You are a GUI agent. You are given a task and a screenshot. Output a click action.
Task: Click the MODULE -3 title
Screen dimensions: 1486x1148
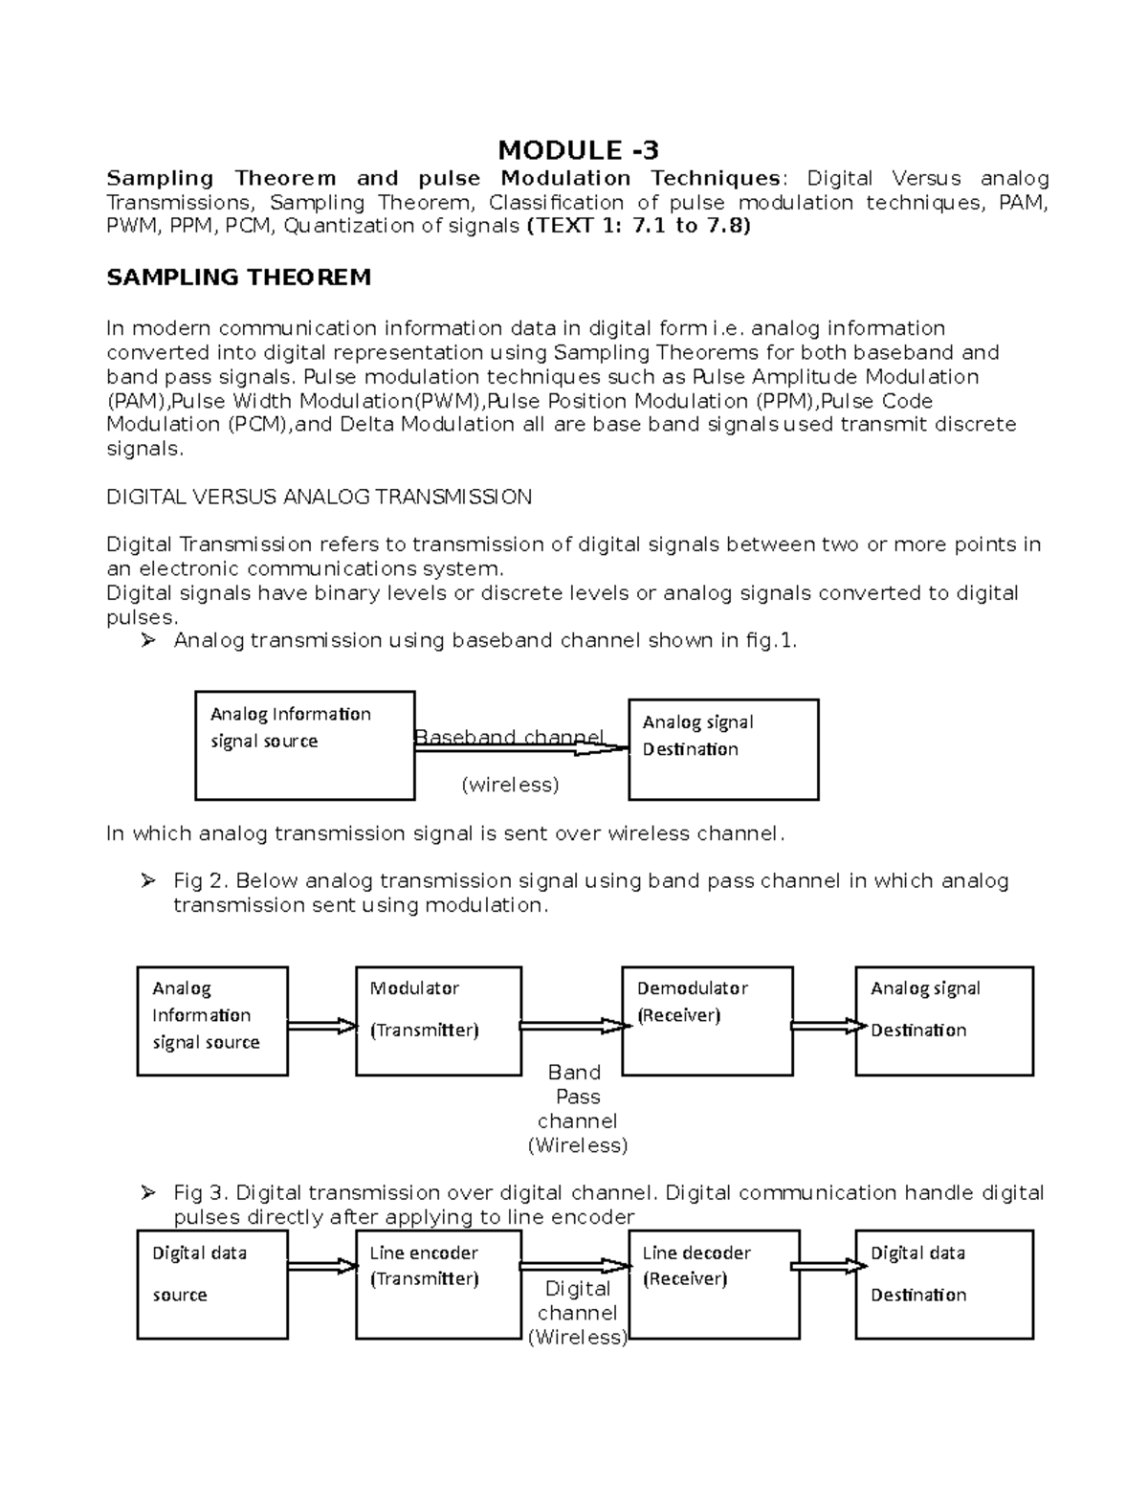pyautogui.click(x=578, y=150)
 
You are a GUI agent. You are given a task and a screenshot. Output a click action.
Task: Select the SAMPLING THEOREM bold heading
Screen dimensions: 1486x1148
pyautogui.click(x=238, y=277)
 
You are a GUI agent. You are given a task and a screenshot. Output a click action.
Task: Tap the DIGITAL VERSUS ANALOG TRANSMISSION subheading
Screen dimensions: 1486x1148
pyautogui.click(x=319, y=497)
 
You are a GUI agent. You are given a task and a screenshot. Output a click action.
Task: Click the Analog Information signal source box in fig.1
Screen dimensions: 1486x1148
pyautogui.click(x=304, y=745)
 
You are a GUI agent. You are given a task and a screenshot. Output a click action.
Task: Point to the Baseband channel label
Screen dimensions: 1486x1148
pyautogui.click(x=508, y=736)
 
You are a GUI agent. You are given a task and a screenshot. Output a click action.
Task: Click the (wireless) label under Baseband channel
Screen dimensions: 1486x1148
pyautogui.click(x=510, y=785)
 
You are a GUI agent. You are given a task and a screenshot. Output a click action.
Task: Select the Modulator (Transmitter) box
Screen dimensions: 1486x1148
pyautogui.click(x=438, y=1021)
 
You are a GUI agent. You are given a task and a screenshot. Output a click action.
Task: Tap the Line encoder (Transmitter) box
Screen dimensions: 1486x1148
pyautogui.click(x=438, y=1285)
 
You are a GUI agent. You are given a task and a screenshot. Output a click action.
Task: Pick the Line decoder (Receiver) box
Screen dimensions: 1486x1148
pyautogui.click(x=714, y=1285)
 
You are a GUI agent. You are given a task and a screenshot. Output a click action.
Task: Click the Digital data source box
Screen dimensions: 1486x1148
pyautogui.click(x=211, y=1285)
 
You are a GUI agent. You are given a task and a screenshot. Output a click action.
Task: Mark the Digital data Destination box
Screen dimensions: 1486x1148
pyautogui.click(x=943, y=1285)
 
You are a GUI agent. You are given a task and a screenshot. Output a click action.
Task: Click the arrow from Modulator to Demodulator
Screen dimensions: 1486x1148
pyautogui.click(x=575, y=1026)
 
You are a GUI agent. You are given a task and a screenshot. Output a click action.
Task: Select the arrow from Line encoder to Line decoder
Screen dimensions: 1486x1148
pyautogui.click(x=575, y=1266)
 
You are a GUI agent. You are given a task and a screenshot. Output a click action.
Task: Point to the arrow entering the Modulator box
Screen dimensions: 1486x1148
pyautogui.click(x=321, y=1026)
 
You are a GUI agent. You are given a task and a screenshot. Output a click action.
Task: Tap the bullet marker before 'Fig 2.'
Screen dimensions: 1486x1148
pyautogui.click(x=146, y=880)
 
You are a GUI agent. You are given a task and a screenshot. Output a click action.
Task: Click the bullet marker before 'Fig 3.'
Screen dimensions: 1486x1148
pyautogui.click(x=146, y=1192)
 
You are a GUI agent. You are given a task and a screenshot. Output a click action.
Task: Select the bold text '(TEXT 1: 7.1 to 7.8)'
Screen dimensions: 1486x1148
pyautogui.click(x=638, y=226)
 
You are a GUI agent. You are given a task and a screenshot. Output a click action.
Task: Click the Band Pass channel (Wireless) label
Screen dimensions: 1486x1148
pyautogui.click(x=577, y=1108)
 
